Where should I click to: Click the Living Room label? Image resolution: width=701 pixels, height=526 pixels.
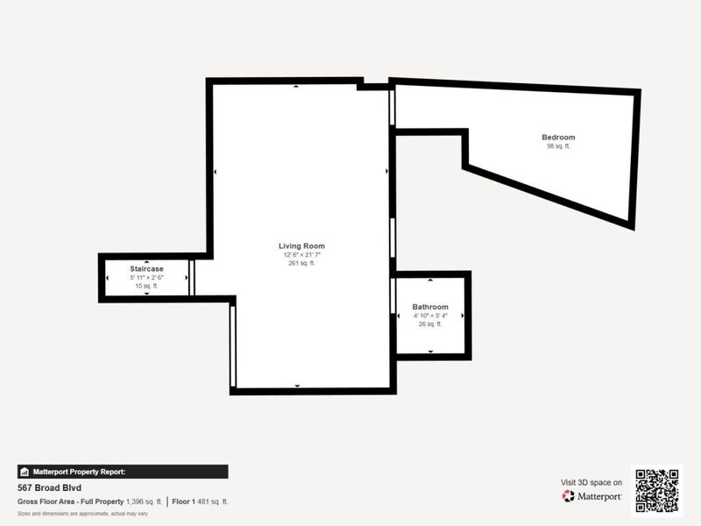coord(301,246)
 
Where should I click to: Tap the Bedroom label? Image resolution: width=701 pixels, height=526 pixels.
coord(558,138)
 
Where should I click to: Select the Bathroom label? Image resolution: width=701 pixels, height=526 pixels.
coord(430,307)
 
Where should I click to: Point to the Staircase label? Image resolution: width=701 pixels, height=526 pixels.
coord(146,268)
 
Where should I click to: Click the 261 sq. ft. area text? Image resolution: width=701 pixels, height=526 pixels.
coord(301,263)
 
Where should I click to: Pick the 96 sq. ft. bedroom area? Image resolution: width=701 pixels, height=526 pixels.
coord(558,146)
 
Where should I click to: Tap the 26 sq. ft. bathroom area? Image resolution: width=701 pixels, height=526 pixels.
coord(430,323)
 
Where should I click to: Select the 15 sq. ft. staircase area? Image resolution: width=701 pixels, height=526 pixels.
coord(146,286)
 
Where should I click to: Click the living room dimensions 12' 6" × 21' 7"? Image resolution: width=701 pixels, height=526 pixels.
coord(301,255)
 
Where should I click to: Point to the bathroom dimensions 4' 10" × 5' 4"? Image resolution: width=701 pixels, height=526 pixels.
coord(430,316)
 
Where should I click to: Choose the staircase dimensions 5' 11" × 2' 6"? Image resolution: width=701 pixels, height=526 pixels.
coord(146,277)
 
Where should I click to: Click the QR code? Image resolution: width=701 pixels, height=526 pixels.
coord(656,490)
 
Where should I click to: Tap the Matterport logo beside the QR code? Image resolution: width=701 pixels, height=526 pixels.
coord(592,496)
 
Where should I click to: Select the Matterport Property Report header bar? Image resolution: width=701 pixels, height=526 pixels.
coord(123,472)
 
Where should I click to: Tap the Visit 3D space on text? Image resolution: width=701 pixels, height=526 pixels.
coord(591,482)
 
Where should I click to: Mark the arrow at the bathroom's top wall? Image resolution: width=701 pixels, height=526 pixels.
coord(430,281)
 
